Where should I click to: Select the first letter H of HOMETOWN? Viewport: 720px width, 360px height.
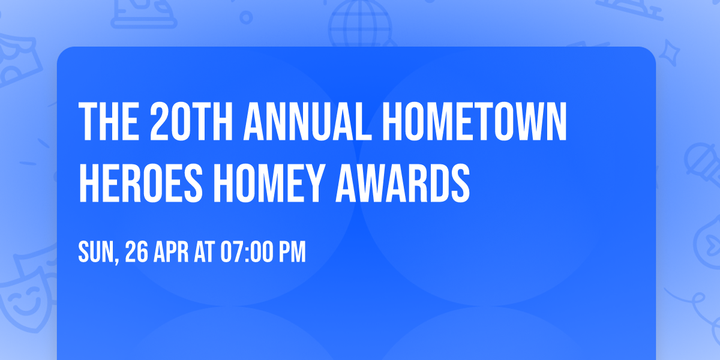tap(394, 122)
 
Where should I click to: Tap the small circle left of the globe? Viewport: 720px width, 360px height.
tap(246, 17)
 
